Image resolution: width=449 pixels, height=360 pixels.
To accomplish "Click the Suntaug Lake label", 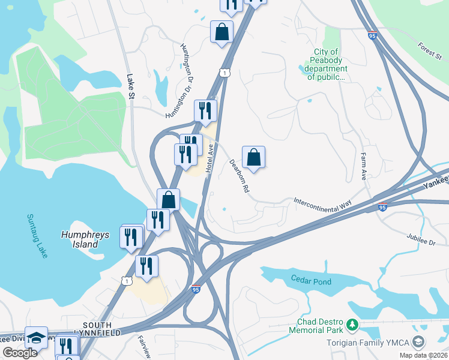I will [37, 236].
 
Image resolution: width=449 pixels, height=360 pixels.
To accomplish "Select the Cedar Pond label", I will [311, 280].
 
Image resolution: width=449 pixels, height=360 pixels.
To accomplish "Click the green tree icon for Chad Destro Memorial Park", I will [352, 326].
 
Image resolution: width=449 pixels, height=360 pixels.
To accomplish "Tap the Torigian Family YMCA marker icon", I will [418, 343].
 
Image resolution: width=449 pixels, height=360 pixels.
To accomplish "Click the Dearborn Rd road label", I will [239, 175].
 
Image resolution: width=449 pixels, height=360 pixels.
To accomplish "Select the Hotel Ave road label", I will [209, 159].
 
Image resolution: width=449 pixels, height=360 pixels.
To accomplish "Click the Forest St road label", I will [430, 52].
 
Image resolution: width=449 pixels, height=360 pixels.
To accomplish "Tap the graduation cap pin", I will [36, 338].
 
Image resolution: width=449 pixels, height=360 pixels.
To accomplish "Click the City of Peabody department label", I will [326, 65].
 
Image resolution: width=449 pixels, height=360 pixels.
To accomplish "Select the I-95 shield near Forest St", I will [373, 35].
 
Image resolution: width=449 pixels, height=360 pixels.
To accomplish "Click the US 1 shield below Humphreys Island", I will [126, 280].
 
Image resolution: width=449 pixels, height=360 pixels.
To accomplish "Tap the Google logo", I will [20, 353].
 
